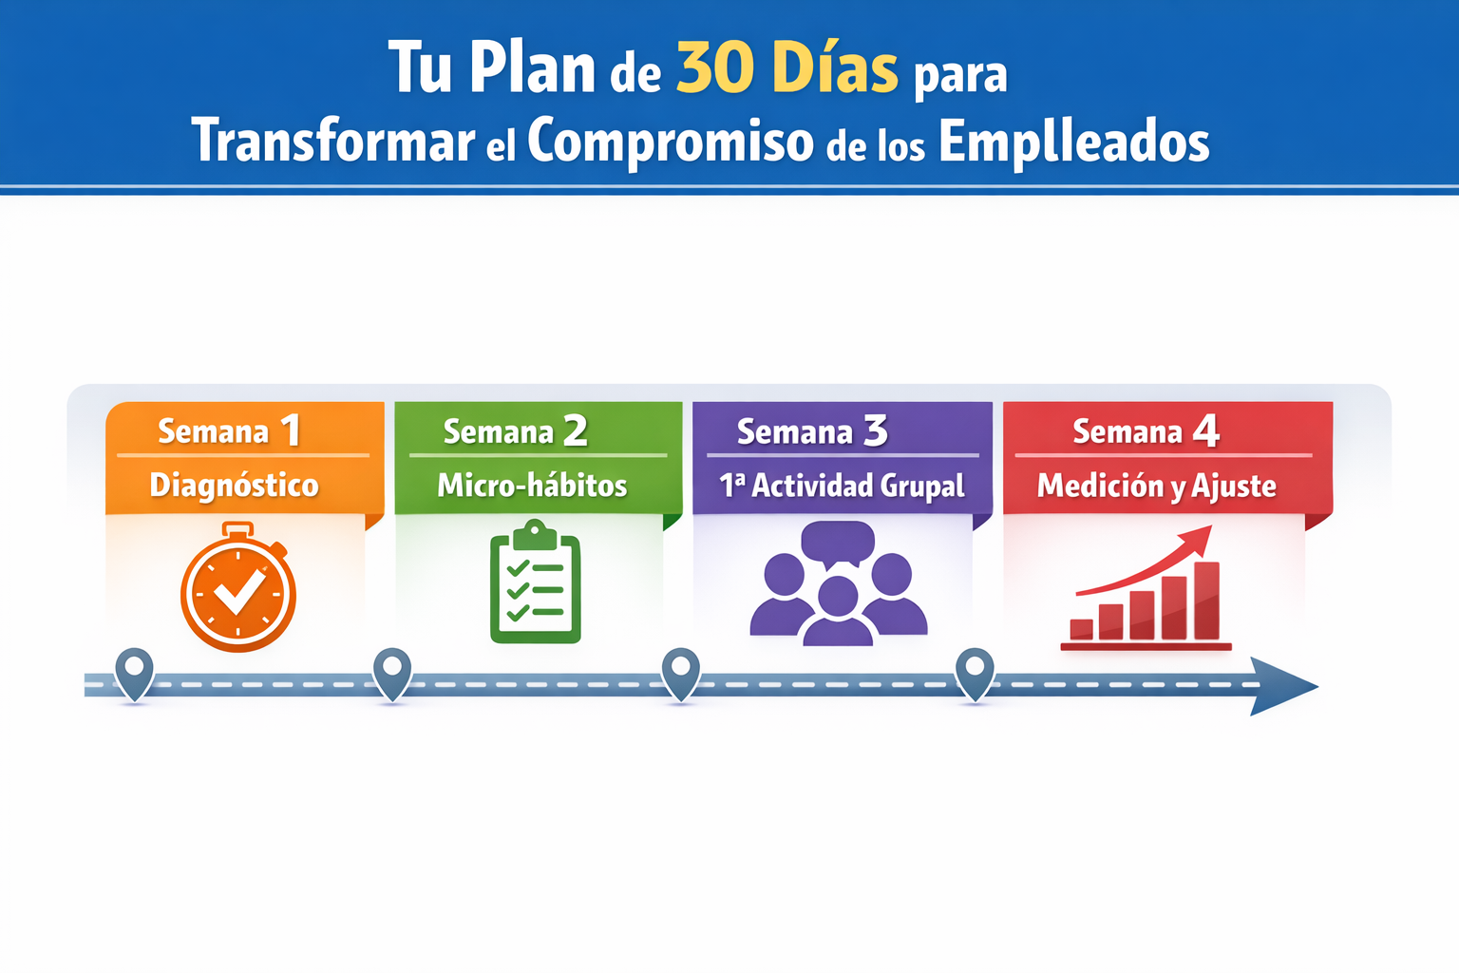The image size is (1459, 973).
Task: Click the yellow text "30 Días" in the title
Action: point(786,68)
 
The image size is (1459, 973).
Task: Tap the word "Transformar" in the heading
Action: point(332,142)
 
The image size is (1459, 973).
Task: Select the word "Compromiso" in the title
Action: point(670,142)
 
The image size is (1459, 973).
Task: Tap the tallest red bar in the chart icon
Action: point(1206,601)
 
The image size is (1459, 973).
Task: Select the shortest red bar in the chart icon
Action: point(1081,629)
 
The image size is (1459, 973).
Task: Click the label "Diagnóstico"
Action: point(234,486)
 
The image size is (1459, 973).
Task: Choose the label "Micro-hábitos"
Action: point(532,486)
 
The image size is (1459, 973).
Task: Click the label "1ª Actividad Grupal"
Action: point(842,486)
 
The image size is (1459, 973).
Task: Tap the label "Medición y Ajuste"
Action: point(1156,486)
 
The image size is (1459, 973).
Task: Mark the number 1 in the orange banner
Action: point(291,431)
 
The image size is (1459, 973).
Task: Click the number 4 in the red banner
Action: point(1205,431)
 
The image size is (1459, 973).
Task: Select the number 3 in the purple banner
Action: point(875,431)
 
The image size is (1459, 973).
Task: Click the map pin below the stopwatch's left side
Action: point(134,671)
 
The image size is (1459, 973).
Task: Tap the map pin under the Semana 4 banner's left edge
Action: point(975,671)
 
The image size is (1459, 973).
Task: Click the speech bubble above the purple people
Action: point(837,543)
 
